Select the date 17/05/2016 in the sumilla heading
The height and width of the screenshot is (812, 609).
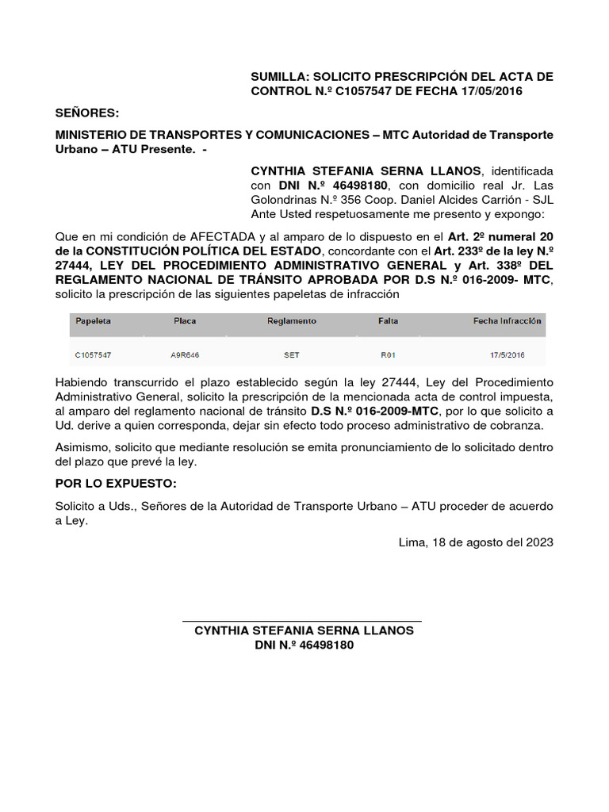click(488, 91)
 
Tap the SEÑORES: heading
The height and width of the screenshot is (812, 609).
click(86, 113)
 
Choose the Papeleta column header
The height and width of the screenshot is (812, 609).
click(93, 321)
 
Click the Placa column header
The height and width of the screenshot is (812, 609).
click(185, 321)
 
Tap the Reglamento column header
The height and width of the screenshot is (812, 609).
click(291, 321)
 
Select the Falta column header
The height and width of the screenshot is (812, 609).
click(389, 321)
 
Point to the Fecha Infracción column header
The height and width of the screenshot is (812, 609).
click(507, 321)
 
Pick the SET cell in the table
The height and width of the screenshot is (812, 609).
click(291, 355)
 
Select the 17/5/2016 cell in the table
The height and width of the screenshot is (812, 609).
click(507, 355)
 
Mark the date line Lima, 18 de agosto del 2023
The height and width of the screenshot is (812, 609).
click(476, 542)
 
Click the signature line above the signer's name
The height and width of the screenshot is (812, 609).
click(302, 621)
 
